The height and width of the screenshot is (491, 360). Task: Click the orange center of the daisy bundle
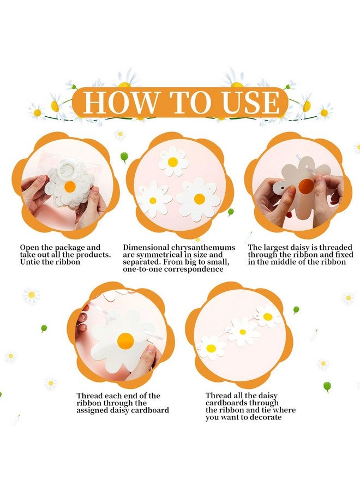(70, 187)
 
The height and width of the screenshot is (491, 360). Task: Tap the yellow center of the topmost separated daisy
(173, 162)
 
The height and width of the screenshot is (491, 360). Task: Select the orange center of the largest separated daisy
(200, 199)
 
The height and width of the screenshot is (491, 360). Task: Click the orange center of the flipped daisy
(306, 187)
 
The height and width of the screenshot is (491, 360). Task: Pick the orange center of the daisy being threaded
(125, 341)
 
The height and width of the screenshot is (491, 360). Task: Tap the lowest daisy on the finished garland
(211, 348)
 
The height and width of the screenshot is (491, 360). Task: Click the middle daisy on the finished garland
(242, 332)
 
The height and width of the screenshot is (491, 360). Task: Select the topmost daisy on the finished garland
(267, 316)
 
